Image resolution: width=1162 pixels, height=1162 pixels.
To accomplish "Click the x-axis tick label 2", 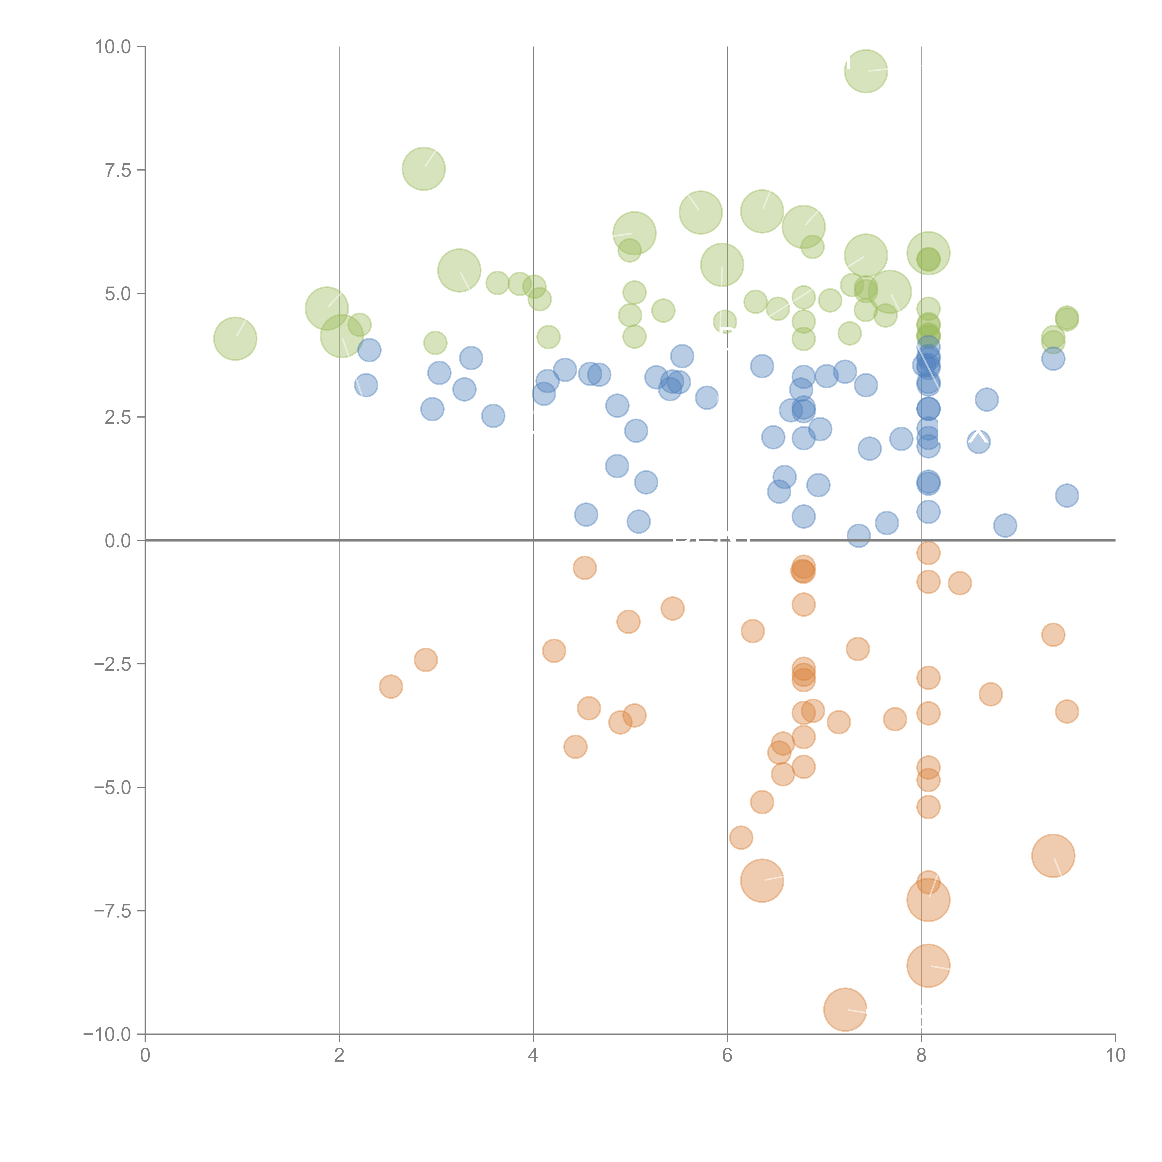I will [339, 1056].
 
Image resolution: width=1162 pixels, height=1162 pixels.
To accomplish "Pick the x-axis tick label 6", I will [727, 1056].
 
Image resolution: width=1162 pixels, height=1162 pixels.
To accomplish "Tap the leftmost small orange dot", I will [391, 686].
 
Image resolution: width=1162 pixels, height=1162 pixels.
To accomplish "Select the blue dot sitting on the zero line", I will [858, 535].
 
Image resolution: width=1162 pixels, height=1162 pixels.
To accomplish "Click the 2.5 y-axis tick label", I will [118, 417].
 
